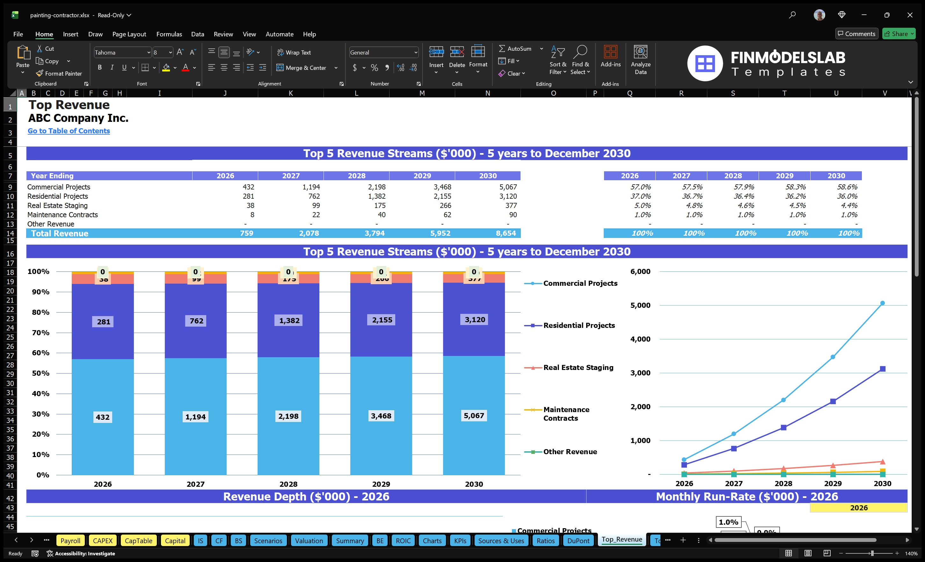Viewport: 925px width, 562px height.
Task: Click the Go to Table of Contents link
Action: click(x=69, y=131)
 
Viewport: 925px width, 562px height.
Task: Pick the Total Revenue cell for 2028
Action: click(x=374, y=233)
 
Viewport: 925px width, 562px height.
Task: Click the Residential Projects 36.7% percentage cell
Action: click(x=692, y=196)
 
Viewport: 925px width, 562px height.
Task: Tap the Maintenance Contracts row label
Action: click(x=62, y=215)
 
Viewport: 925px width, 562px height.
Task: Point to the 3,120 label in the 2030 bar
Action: click(x=475, y=320)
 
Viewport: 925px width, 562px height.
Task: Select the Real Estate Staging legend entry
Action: click(x=578, y=367)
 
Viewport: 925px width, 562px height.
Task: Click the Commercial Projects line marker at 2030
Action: click(x=882, y=303)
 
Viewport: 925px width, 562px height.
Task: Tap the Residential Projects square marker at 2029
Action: click(x=833, y=402)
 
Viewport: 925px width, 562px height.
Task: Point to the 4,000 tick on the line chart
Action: click(x=640, y=339)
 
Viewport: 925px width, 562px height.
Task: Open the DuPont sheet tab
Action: click(x=578, y=541)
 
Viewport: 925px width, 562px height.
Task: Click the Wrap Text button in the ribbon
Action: click(x=294, y=53)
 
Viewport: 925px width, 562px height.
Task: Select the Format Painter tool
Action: click(x=59, y=74)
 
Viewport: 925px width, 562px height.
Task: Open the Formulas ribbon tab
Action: click(x=169, y=34)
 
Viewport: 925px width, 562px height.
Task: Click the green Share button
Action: click(x=898, y=34)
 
